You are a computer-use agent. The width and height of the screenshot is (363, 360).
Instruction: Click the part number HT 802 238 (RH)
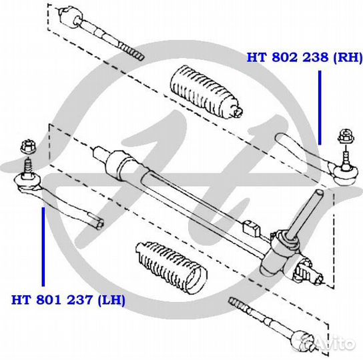(x=304, y=57)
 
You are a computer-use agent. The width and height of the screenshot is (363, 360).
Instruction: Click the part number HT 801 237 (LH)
(x=68, y=300)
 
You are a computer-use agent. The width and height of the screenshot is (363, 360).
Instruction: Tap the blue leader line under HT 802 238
(x=320, y=107)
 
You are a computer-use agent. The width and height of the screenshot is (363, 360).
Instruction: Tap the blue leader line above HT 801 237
(x=43, y=247)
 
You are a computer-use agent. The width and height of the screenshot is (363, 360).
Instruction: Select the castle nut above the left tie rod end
(x=28, y=147)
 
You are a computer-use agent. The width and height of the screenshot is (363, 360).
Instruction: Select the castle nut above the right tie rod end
(x=346, y=136)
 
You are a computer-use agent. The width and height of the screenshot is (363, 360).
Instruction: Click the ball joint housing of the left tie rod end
(x=27, y=181)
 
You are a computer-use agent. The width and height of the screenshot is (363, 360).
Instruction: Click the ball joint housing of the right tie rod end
(x=346, y=175)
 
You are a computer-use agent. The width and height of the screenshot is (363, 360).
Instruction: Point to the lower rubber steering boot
(x=171, y=268)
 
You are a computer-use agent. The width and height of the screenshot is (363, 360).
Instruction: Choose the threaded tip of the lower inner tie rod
(x=238, y=305)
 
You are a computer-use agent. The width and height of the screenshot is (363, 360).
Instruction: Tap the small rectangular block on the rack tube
(x=252, y=228)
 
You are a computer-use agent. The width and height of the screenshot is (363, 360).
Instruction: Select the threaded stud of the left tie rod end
(x=28, y=167)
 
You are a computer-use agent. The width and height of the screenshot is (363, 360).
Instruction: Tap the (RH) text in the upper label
(x=348, y=57)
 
